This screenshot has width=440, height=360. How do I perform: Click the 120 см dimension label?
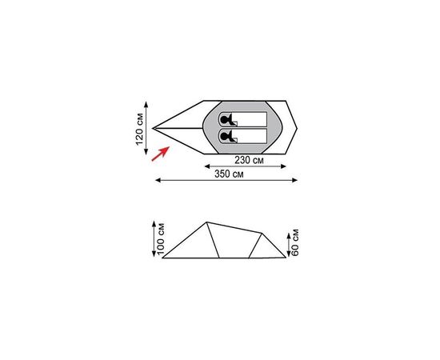[x=140, y=129]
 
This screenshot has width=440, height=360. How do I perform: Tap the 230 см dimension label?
[x=249, y=160]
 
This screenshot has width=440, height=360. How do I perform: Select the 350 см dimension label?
[x=229, y=174]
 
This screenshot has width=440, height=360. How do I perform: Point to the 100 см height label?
[x=161, y=239]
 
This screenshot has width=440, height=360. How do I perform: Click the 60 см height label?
[x=295, y=242]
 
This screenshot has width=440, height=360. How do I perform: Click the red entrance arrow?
[x=160, y=154]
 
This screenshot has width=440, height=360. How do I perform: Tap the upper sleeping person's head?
[x=224, y=120]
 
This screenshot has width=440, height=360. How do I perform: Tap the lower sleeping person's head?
[x=224, y=137]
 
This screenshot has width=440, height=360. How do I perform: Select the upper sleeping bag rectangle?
[x=242, y=119]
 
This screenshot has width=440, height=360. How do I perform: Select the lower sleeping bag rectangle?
[x=242, y=136]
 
